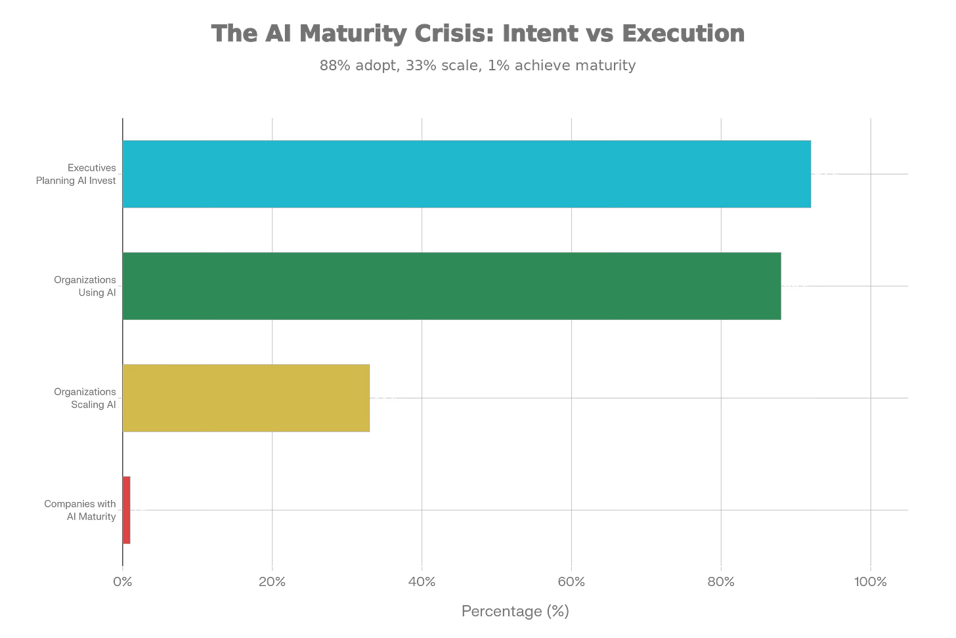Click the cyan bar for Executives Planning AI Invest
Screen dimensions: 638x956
[x=467, y=174]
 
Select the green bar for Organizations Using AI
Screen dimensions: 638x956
[x=452, y=286]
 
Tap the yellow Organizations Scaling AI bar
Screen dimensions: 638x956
[x=246, y=398]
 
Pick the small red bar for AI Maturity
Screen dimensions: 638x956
[x=127, y=510]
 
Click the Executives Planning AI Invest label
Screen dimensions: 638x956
[x=77, y=174]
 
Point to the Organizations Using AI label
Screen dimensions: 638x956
[x=85, y=286]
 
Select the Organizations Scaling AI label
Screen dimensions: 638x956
[x=85, y=398]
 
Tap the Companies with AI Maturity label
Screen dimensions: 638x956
[x=81, y=510]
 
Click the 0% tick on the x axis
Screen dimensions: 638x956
[x=123, y=581]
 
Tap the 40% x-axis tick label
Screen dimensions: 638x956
[x=422, y=581]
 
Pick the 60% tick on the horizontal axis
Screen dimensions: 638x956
[x=572, y=581]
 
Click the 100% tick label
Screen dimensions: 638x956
[x=871, y=581]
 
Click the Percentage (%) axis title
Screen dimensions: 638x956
[x=515, y=612]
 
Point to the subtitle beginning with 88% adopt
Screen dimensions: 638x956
[x=478, y=66]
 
